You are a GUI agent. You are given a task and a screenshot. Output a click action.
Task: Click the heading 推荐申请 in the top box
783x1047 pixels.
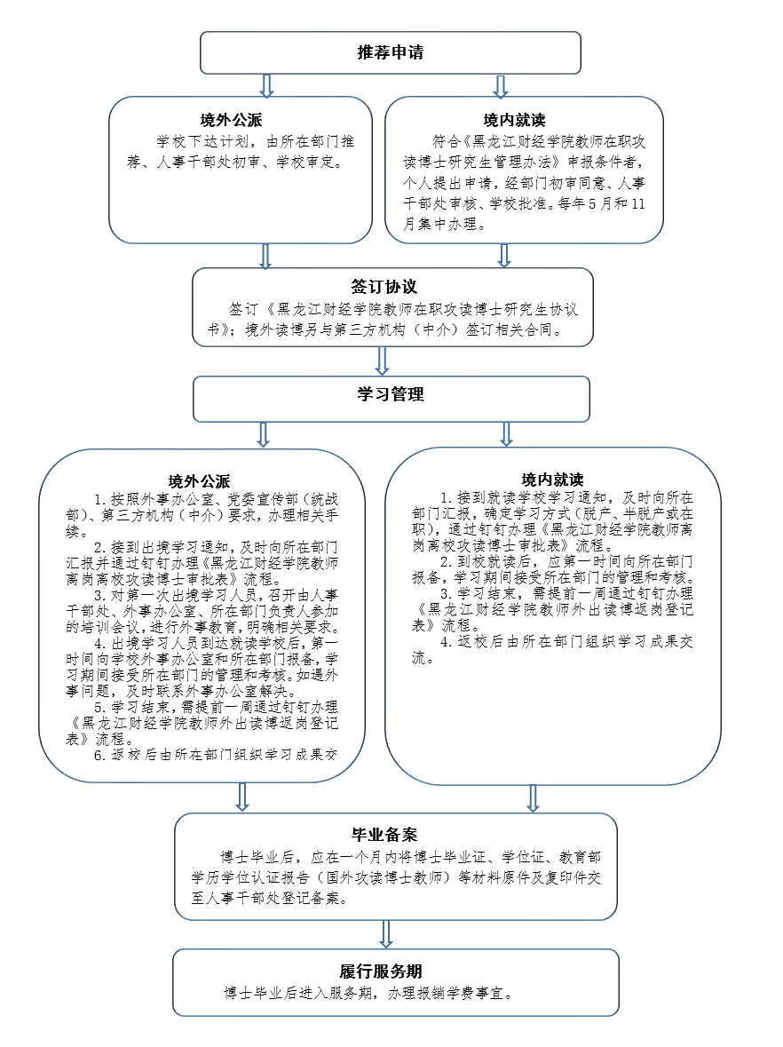tap(390, 52)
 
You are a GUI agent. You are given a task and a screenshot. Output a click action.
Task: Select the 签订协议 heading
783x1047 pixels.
tap(384, 287)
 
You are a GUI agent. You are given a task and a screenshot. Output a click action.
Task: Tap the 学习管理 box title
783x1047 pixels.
tap(391, 394)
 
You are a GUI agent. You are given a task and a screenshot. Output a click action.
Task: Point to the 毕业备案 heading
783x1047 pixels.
tap(384, 835)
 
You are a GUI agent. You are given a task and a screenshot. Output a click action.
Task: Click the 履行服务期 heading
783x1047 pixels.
tap(384, 971)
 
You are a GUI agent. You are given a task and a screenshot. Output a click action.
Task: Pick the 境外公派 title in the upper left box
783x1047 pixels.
tap(230, 120)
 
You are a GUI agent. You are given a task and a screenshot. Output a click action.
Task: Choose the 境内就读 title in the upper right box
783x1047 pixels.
tap(515, 120)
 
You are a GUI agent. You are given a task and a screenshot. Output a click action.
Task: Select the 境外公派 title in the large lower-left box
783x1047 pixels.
tap(200, 481)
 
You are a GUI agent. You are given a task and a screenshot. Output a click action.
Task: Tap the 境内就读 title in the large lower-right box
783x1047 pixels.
tap(552, 480)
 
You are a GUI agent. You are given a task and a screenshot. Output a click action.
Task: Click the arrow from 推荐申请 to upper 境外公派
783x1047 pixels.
tap(265, 85)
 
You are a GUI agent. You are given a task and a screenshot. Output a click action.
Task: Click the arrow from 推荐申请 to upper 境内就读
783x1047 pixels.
tap(501, 85)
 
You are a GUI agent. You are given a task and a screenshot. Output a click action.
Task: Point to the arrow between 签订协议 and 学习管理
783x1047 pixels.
tap(383, 361)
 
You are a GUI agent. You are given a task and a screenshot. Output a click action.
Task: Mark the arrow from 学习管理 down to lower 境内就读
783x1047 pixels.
tap(507, 433)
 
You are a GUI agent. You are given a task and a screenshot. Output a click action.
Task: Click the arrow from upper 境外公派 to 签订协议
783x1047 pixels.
tap(265, 256)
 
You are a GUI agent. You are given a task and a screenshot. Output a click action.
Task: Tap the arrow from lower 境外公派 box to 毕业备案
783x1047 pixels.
tap(241, 797)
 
